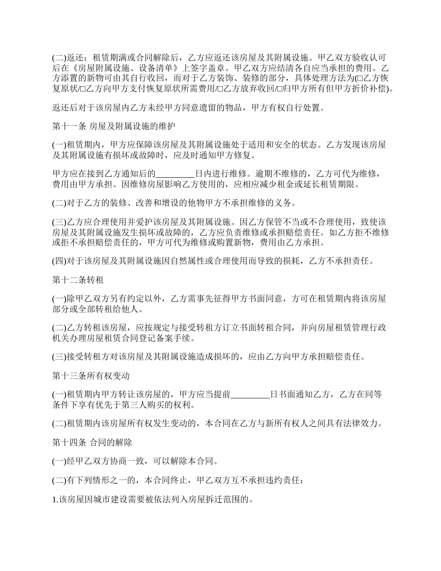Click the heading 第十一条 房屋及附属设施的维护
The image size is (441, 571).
(x=113, y=126)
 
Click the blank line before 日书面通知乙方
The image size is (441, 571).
(x=250, y=395)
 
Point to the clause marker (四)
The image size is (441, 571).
(x=59, y=261)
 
